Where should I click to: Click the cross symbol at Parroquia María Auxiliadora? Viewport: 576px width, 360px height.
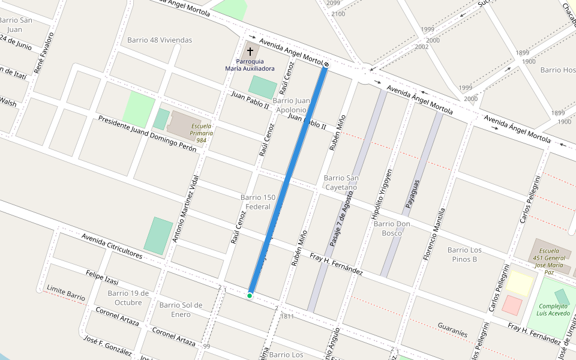coord(250,52)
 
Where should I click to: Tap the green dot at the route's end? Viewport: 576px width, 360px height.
coord(249,295)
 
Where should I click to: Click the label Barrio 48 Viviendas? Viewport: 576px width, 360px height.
coord(160,40)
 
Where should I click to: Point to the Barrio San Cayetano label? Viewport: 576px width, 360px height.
coord(340,182)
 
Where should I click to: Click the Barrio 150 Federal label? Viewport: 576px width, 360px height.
coord(257,202)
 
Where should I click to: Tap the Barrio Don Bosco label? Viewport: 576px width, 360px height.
coord(391,228)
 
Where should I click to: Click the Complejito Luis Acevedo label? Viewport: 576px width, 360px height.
coord(553,309)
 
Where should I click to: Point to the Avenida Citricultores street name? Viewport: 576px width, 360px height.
coord(112,246)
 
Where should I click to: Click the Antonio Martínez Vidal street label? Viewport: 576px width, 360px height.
coord(184,209)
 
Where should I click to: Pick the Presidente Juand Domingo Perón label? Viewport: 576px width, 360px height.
coord(147,133)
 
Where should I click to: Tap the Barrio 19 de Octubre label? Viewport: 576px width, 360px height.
coord(125,298)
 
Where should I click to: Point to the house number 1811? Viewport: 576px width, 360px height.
coord(287,316)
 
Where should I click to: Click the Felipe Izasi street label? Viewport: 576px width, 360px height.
coord(102,278)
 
